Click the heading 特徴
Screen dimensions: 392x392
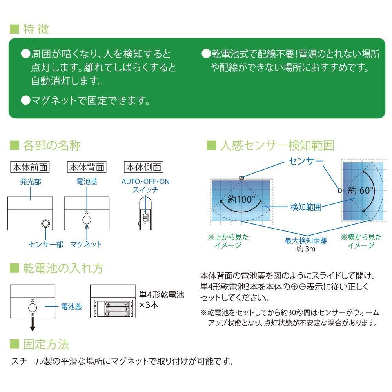pos(35,30)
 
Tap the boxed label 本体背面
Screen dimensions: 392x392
pos(87,167)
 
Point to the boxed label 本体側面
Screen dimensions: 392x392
pos(143,167)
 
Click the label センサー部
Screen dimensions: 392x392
pos(46,245)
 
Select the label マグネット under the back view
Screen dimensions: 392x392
pos(86,245)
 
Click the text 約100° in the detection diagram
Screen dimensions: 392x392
pos(241,200)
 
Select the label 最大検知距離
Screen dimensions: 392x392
pos(306,240)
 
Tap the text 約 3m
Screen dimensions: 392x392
pos(306,249)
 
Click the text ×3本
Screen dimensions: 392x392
pos(149,305)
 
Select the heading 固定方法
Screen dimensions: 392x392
pos(46,344)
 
